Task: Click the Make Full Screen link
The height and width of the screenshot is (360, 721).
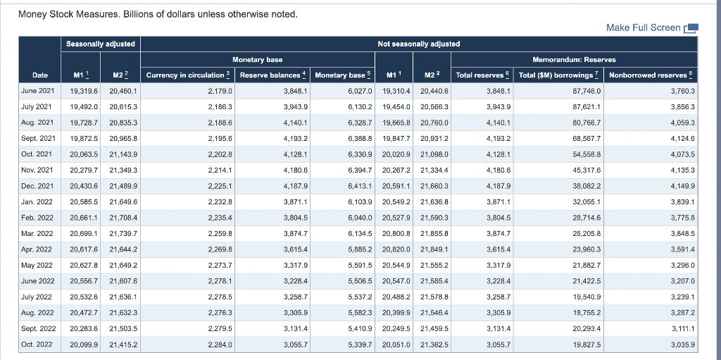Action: point(643,27)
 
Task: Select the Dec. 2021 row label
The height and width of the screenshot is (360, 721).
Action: point(39,185)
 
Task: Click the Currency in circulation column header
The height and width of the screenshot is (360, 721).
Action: point(187,75)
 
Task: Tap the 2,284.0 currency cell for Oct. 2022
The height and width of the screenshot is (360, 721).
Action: point(220,345)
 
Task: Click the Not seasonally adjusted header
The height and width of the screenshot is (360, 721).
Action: point(418,44)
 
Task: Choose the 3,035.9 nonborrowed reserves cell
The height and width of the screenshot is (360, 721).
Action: point(682,345)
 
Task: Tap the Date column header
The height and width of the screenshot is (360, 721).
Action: point(41,75)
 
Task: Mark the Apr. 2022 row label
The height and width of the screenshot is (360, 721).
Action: point(39,249)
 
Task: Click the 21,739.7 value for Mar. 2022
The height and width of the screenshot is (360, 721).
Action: point(124,233)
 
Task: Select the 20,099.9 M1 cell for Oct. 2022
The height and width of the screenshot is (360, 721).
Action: point(84,345)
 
